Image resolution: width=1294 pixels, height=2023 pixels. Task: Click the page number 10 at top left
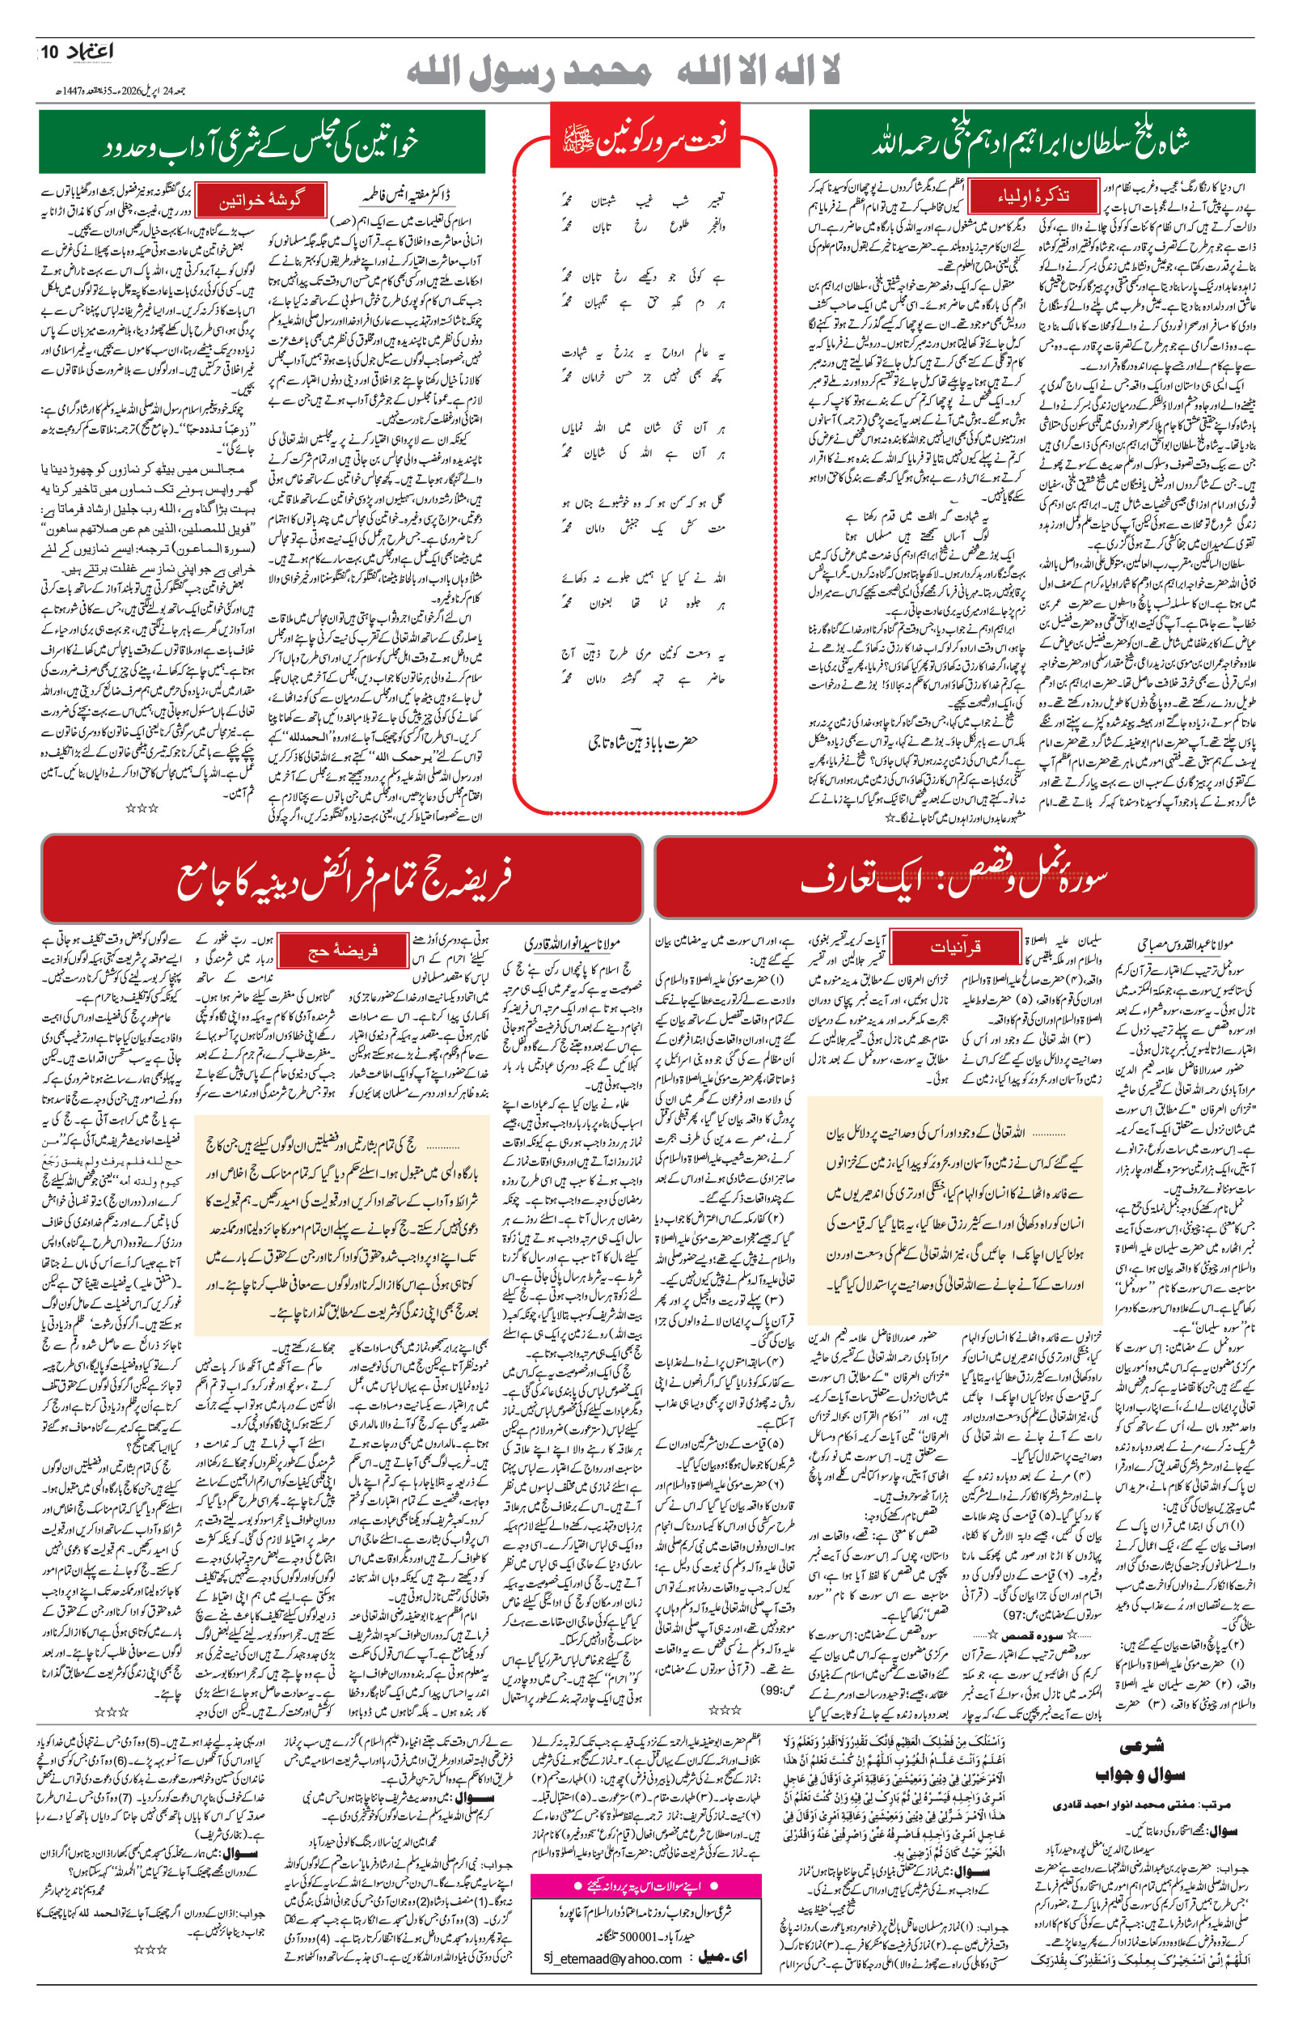(x=49, y=52)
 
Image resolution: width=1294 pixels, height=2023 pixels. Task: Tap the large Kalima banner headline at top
(x=623, y=73)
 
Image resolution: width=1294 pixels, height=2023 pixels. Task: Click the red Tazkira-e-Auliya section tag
(x=1034, y=197)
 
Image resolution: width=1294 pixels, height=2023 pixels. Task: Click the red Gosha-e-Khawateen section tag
(x=260, y=201)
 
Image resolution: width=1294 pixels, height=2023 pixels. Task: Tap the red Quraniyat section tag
(x=955, y=948)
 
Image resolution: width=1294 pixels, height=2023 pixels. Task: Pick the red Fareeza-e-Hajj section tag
(x=340, y=950)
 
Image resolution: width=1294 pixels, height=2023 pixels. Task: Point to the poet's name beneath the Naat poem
(x=643, y=743)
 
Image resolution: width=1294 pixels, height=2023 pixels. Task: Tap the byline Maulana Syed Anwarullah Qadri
(x=564, y=944)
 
